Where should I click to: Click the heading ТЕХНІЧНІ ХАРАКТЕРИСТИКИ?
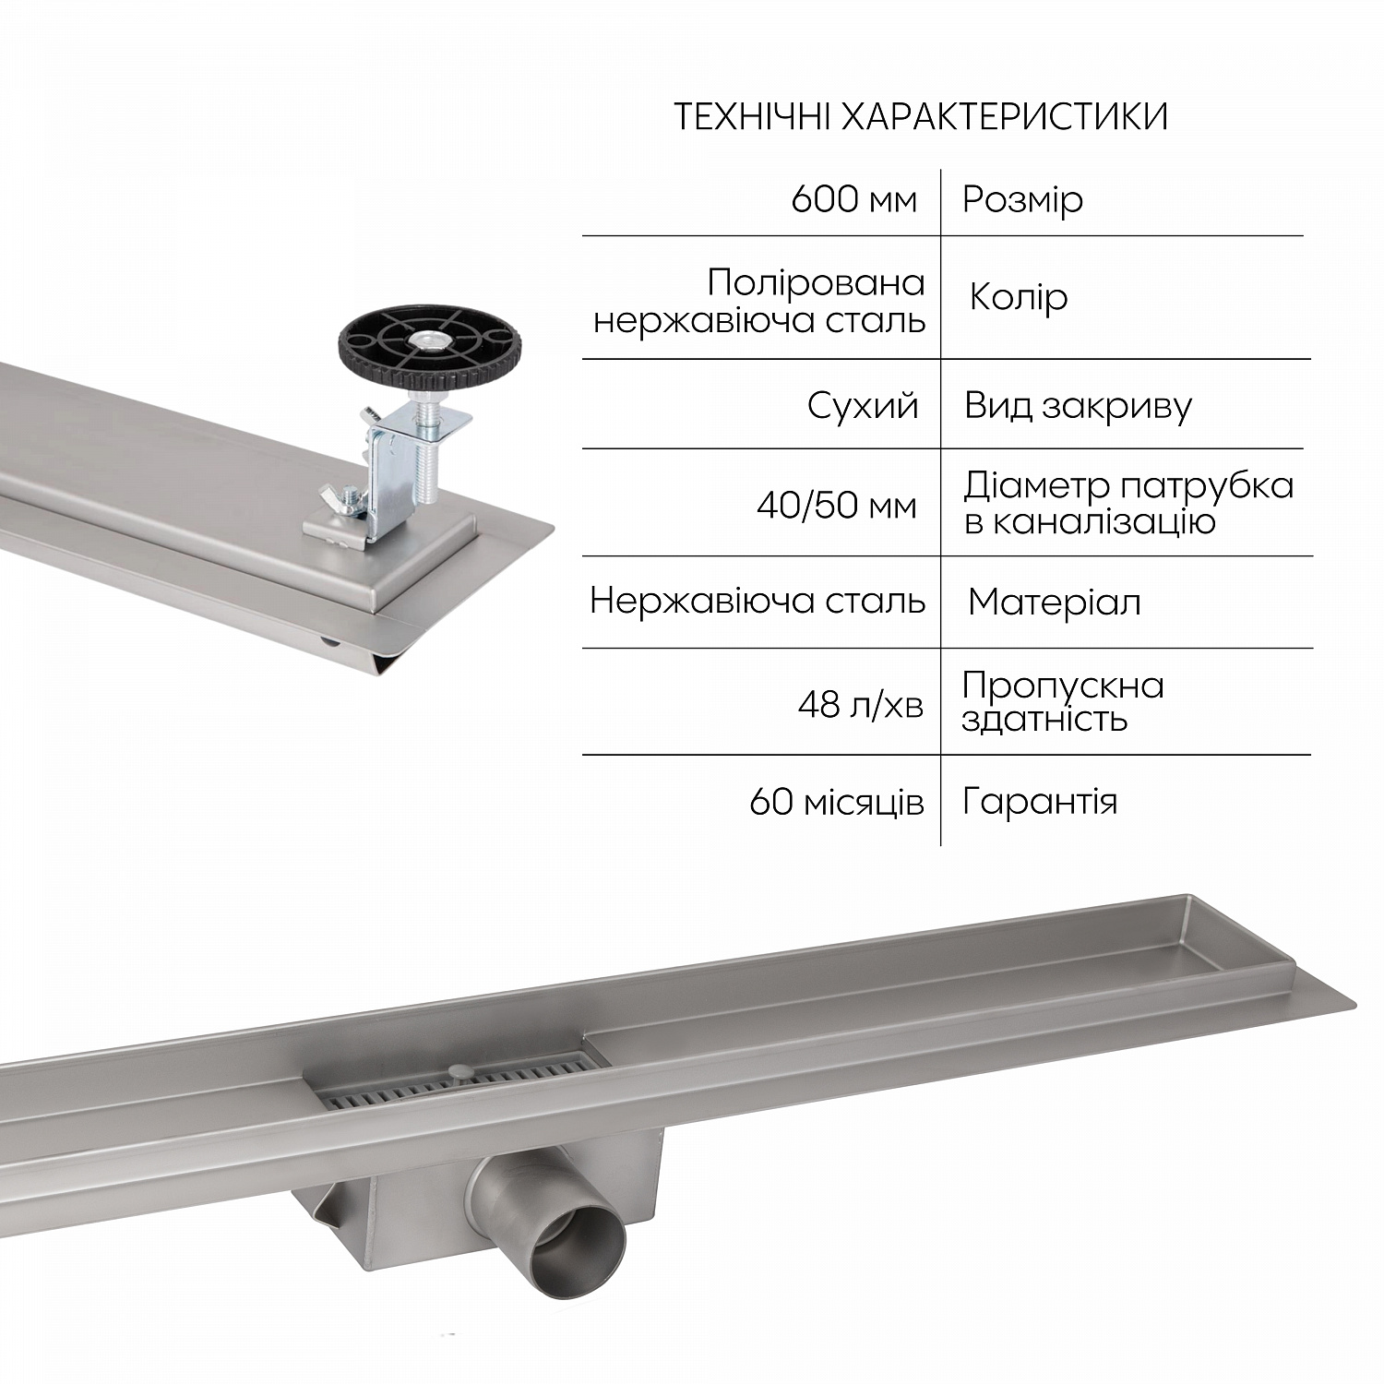coord(921,118)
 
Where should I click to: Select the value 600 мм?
coord(853,200)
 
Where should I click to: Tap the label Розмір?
coord(1022,200)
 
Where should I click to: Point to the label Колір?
coord(1019,297)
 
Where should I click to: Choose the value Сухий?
coord(863,406)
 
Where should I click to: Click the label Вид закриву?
coord(1078,406)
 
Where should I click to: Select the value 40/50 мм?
coord(836,506)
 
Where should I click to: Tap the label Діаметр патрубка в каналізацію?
coord(1127,503)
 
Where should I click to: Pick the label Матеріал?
coord(1054,603)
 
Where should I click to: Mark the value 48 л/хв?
coord(860,706)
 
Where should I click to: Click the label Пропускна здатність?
coord(1062,701)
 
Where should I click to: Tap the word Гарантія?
coord(1039,801)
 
